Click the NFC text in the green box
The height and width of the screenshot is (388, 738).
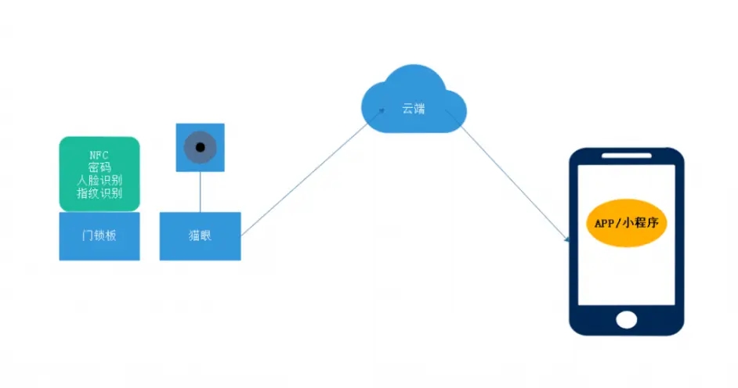point(99,155)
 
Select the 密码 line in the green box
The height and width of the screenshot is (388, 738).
point(99,167)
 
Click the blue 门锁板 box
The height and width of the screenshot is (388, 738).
point(99,235)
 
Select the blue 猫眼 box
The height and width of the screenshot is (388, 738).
point(200,235)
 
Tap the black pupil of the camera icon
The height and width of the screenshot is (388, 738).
point(200,147)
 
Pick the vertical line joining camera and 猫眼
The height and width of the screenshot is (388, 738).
point(200,191)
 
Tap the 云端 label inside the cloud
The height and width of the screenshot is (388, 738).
point(414,109)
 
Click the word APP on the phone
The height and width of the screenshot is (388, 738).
point(605,222)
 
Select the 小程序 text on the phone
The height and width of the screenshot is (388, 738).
point(642,222)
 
